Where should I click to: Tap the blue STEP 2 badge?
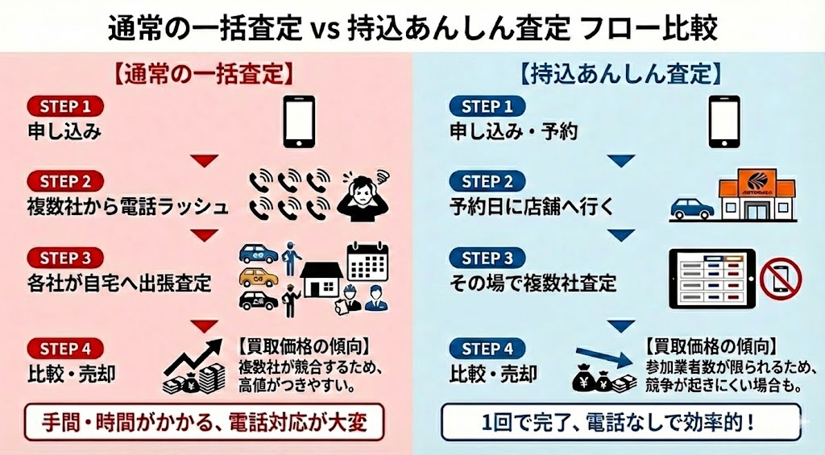click(487, 182)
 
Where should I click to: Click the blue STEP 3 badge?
click(487, 259)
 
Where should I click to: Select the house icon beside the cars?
click(321, 277)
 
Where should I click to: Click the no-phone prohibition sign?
click(780, 278)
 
